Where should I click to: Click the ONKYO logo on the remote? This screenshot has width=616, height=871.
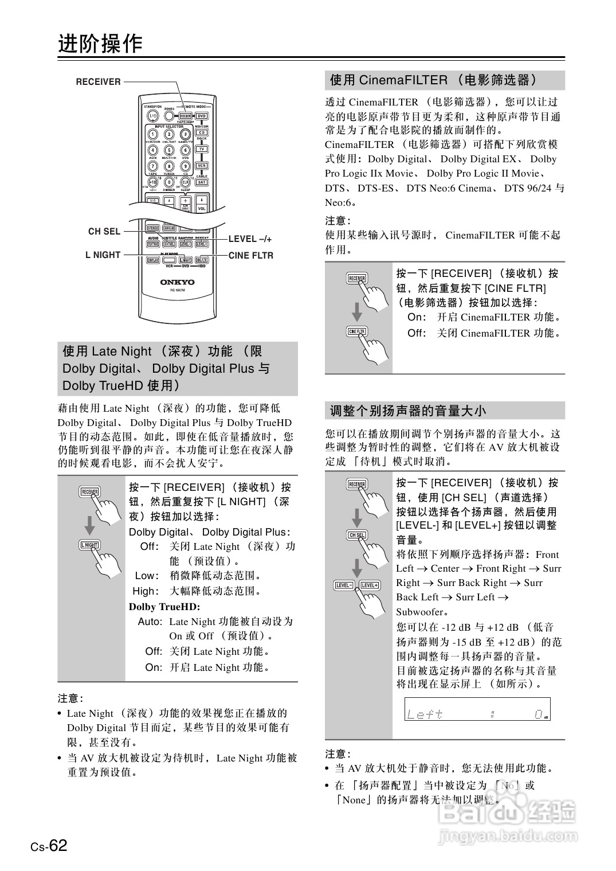point(177,282)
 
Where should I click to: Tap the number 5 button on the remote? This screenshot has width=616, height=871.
point(169,150)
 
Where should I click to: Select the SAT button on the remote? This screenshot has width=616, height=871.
point(202,182)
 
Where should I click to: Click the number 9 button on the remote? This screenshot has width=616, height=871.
point(186,166)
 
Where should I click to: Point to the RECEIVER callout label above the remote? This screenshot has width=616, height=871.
point(99,82)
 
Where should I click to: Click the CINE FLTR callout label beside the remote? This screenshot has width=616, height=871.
point(251,256)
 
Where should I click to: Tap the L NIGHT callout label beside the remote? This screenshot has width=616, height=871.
point(103,255)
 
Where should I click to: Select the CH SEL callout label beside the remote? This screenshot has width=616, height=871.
point(104,232)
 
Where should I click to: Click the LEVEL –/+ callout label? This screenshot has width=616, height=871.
point(250,239)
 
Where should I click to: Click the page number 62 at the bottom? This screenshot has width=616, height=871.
point(58,846)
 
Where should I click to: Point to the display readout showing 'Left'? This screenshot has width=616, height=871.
point(477,709)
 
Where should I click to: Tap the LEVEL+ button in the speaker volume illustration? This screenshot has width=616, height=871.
point(370,585)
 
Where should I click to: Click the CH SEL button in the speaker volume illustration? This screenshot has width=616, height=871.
point(357,535)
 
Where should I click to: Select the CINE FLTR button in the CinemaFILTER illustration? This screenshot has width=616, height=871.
point(356,331)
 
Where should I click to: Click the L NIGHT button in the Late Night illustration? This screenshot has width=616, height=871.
point(89,545)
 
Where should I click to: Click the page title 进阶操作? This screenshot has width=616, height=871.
point(100,44)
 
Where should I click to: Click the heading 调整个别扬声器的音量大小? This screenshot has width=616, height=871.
point(407,411)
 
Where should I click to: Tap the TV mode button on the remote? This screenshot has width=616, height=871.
point(202,149)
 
